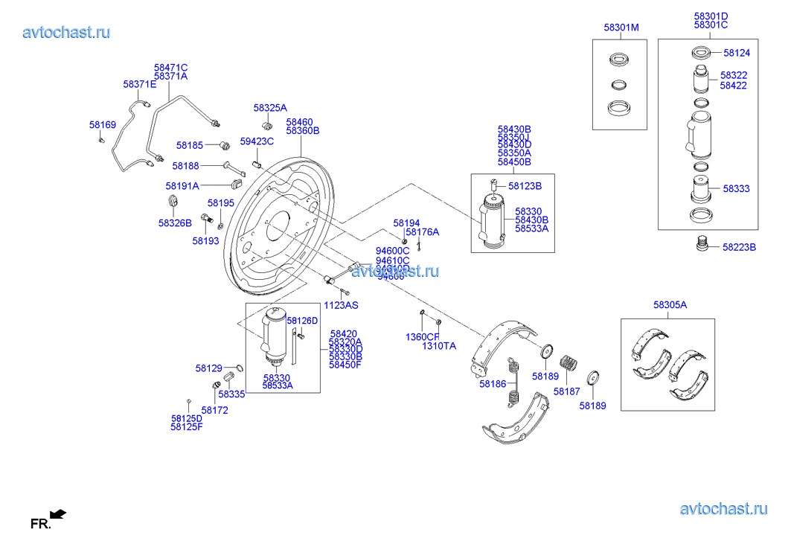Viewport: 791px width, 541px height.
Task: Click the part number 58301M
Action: click(x=621, y=28)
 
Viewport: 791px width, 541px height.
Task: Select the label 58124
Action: click(x=737, y=53)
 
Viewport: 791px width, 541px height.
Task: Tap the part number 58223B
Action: click(x=739, y=247)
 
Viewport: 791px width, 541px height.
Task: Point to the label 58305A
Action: click(x=670, y=304)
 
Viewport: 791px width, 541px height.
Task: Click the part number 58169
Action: click(x=103, y=125)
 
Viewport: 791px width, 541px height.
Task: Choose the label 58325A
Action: click(x=269, y=108)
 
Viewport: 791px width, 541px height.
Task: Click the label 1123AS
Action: click(x=341, y=306)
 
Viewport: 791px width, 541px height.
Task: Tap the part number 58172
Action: click(x=215, y=410)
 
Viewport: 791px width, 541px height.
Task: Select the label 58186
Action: click(x=493, y=384)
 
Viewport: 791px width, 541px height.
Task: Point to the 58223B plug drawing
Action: click(x=699, y=245)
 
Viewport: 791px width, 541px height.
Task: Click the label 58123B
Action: click(x=525, y=186)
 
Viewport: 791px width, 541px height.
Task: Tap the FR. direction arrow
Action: click(x=58, y=513)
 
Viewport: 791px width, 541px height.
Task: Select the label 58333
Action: click(x=737, y=190)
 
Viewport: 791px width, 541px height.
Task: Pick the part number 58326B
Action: click(x=175, y=223)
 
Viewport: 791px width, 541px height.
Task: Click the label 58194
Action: click(x=407, y=223)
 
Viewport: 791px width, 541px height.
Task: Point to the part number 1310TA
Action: click(x=439, y=346)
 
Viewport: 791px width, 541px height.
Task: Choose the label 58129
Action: click(x=209, y=368)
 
